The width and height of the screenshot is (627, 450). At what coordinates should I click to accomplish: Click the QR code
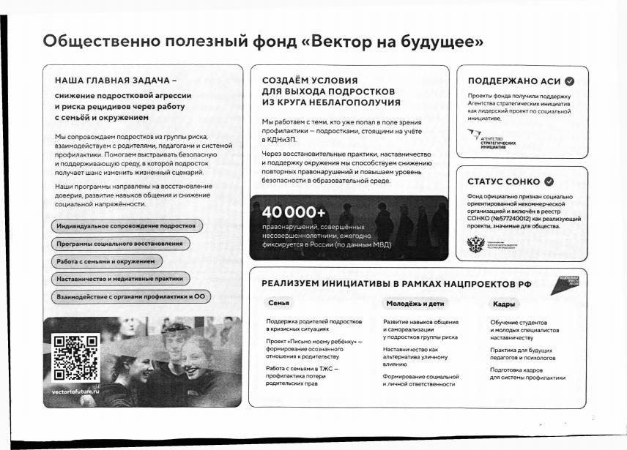(x=76, y=357)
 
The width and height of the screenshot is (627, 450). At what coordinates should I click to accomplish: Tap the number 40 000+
(x=293, y=213)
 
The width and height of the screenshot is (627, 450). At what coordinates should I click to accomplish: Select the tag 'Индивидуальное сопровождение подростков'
(x=125, y=226)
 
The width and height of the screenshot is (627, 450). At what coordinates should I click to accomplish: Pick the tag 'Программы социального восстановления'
(x=120, y=244)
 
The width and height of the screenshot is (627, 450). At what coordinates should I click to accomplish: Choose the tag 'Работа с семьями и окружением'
(x=106, y=261)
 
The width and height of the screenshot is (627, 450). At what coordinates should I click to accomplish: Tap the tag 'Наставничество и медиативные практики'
(x=120, y=279)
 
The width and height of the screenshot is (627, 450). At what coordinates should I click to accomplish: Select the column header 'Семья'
(x=279, y=304)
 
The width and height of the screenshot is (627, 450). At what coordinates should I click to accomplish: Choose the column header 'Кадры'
(x=504, y=304)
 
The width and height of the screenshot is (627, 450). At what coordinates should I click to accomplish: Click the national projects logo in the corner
(x=568, y=285)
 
